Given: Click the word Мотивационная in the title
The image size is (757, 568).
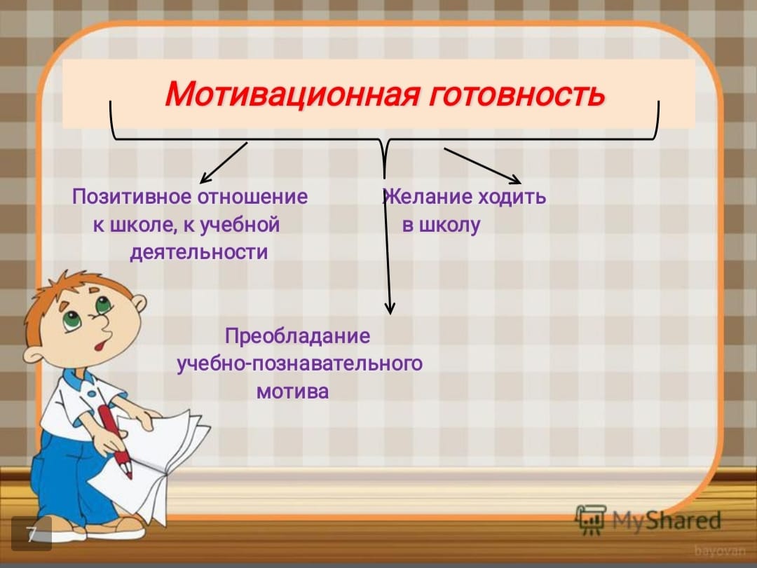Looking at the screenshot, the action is point(292,93).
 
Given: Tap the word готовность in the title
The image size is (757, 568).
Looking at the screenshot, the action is point(516,94).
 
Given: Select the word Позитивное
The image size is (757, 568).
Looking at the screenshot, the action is point(132,197).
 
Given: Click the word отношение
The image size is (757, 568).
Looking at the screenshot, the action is point(253,197).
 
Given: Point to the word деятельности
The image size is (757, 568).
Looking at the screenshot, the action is point(198,252).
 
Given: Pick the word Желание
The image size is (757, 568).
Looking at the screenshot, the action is point(428,197).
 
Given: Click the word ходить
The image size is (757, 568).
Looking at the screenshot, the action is point(512,197).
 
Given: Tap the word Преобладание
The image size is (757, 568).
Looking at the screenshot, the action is point(297,336).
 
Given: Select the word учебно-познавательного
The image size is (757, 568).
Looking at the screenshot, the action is point(299,363).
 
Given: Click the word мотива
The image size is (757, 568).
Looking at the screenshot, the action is point(292,392).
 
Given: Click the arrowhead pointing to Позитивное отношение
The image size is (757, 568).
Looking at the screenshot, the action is point(205,178).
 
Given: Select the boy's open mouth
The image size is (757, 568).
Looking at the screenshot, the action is point(100,345).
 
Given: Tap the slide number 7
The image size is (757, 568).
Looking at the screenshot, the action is point(31,534).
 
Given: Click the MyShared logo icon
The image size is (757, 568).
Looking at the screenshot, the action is point(590,520).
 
